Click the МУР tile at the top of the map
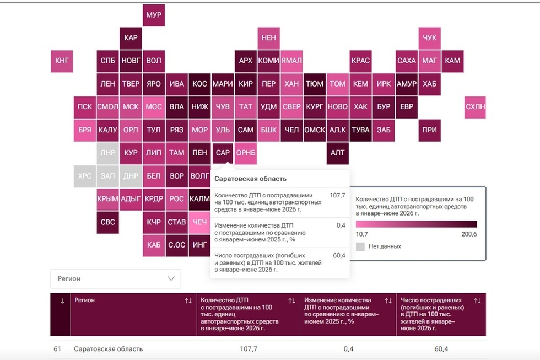(154, 15)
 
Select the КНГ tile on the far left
(62, 61)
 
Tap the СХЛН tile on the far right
(475, 107)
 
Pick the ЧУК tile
(429, 38)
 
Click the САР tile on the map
(223, 153)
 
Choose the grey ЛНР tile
(108, 153)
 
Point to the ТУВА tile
(360, 130)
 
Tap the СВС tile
(108, 222)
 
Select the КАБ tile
(154, 245)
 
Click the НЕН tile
(269, 38)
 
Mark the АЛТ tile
(337, 153)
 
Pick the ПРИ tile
(429, 130)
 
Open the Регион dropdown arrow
(171, 278)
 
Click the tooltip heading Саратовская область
(250, 179)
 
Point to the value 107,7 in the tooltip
(337, 195)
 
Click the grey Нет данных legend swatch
(360, 246)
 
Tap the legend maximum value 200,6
(469, 234)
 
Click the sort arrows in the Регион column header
(188, 301)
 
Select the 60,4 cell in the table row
(441, 349)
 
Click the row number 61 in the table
(57, 349)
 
